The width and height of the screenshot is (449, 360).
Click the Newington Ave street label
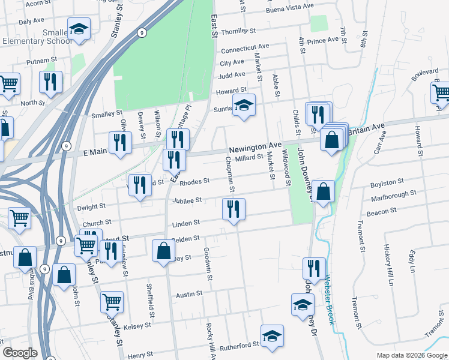pyautogui.click(x=255, y=146)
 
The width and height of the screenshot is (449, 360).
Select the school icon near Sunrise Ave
pyautogui.click(x=244, y=105)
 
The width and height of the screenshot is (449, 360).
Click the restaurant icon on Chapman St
pyautogui.click(x=232, y=209)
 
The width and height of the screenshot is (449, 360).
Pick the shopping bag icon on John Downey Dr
pyautogui.click(x=323, y=191)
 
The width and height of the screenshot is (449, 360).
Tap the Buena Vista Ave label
pyautogui.click(x=291, y=7)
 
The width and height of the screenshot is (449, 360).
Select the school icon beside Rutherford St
pyautogui.click(x=272, y=335)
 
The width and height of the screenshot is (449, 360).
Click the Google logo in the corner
pyautogui.click(x=20, y=353)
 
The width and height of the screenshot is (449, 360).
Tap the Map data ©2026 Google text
pyautogui.click(x=411, y=355)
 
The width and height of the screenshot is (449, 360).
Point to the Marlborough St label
pyautogui.click(x=394, y=195)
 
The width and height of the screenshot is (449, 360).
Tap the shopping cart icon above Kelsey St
pyautogui.click(x=112, y=302)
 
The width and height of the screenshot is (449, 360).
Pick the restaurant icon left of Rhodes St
pyautogui.click(x=140, y=184)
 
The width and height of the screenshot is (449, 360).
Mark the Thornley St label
pyautogui.click(x=238, y=31)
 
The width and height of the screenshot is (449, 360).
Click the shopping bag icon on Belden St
pyautogui.click(x=163, y=250)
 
